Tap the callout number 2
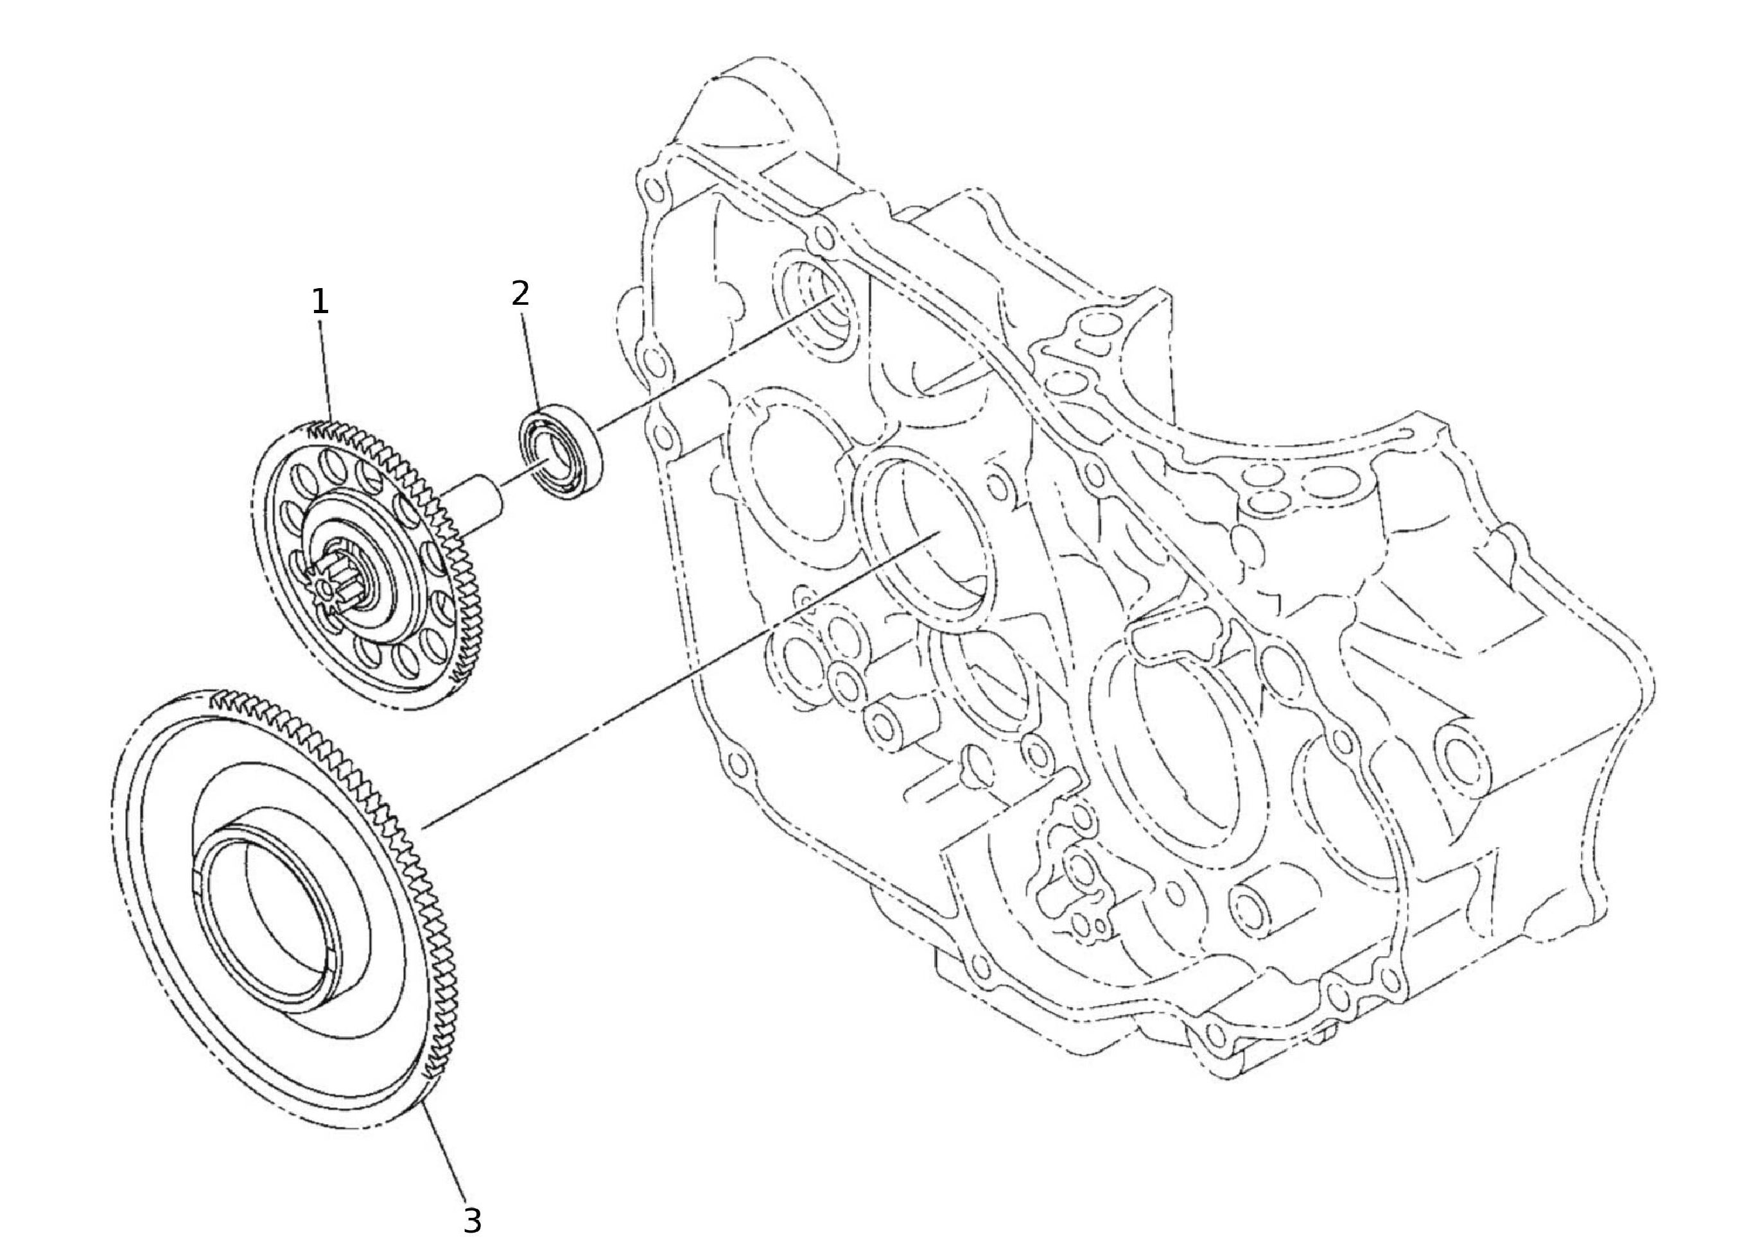pos(520,293)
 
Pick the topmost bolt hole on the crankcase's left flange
pos(651,187)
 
